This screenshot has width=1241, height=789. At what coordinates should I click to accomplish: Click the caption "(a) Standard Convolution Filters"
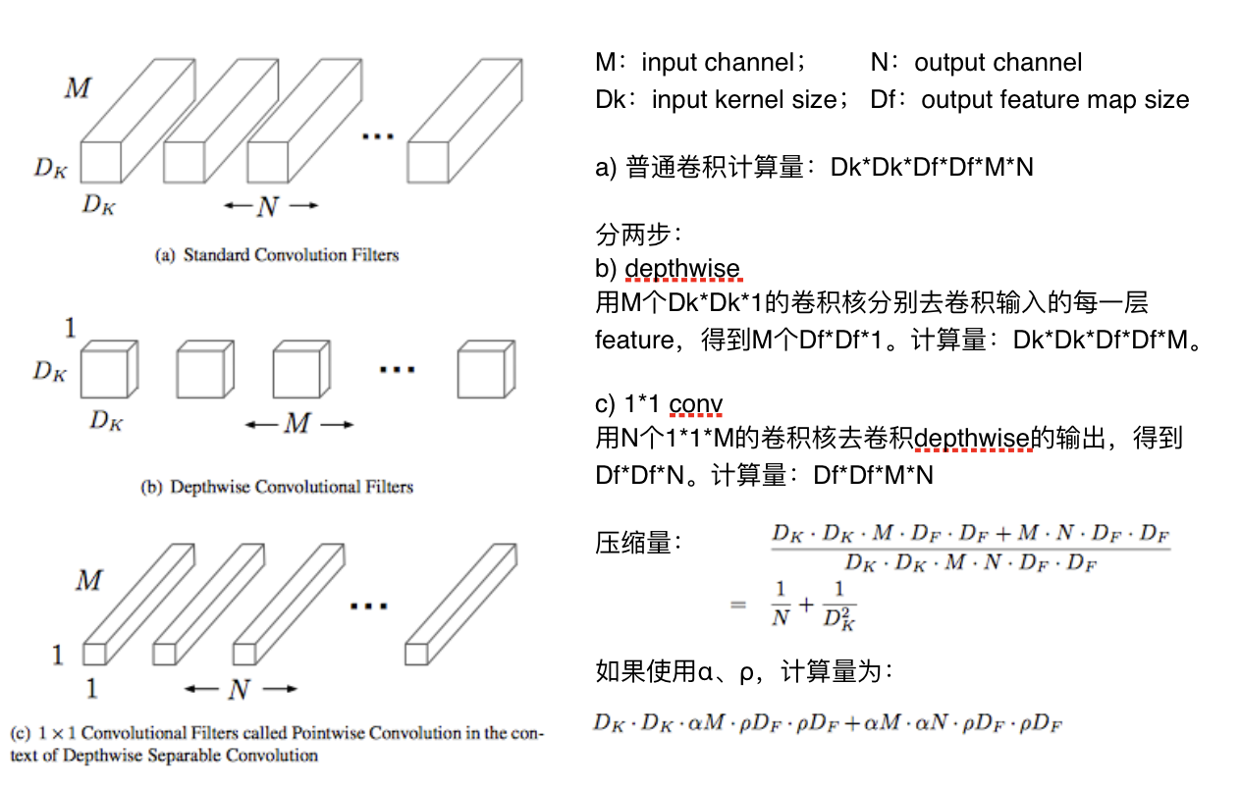click(x=277, y=255)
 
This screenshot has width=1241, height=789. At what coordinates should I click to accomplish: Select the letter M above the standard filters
click(x=78, y=88)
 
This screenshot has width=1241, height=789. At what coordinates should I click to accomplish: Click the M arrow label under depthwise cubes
click(x=297, y=424)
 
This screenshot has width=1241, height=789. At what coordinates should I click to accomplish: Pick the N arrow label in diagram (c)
click(x=240, y=690)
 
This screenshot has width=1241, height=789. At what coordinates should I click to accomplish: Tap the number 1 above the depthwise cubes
click(x=70, y=327)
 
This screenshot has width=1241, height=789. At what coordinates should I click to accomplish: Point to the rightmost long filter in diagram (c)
click(x=461, y=604)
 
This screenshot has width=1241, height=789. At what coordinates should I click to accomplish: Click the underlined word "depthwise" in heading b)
click(x=681, y=269)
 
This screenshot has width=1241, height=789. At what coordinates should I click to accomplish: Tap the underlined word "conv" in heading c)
click(x=696, y=404)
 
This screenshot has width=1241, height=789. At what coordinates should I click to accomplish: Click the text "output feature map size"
click(x=1054, y=99)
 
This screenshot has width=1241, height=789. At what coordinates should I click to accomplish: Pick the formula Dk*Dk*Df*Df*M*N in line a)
click(x=932, y=167)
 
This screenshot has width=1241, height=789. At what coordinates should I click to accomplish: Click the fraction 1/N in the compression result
click(x=782, y=604)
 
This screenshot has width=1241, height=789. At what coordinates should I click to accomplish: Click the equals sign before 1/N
click(x=738, y=605)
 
